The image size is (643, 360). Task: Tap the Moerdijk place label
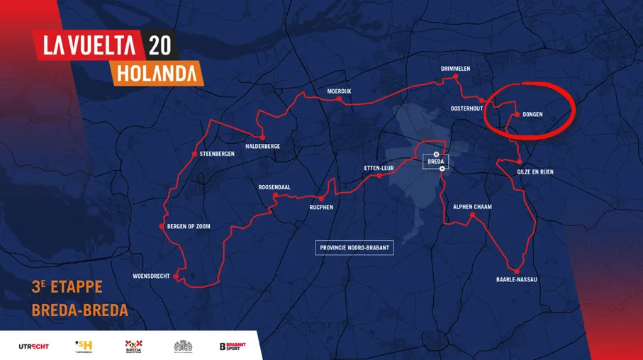[339, 91]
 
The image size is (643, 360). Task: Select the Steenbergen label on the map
[218, 154]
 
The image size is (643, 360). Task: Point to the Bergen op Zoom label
[189, 227]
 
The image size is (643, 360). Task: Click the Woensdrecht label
[151, 276]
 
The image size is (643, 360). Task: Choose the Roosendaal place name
[274, 188]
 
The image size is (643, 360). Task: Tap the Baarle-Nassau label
[517, 280]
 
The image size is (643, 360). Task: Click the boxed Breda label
[436, 162]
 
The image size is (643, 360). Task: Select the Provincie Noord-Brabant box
[354, 247]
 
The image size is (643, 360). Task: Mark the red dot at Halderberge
[262, 137]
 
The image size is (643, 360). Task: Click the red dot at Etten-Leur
[379, 176]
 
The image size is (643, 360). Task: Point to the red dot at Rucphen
[320, 198]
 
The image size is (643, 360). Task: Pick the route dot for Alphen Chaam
[472, 215]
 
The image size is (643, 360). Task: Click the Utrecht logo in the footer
[33, 346]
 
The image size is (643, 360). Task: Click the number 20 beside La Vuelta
[159, 45]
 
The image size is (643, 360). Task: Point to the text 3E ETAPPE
[67, 288]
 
